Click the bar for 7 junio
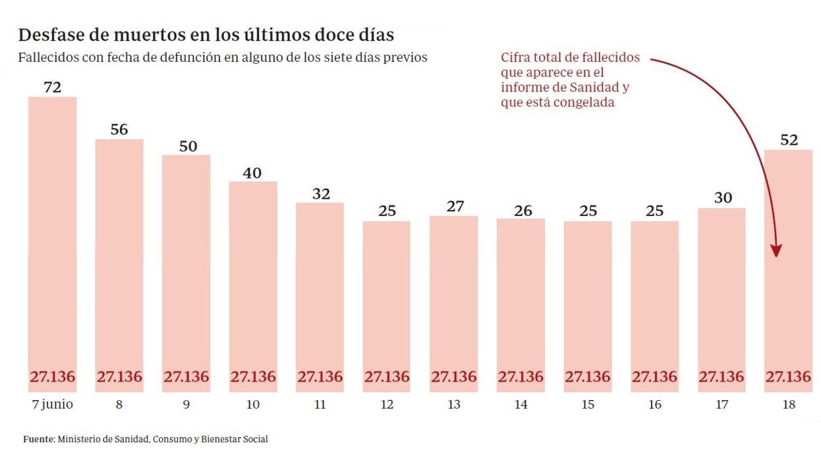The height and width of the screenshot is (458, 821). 53,243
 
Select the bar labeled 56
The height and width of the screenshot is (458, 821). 119,263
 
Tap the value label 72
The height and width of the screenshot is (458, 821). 53,87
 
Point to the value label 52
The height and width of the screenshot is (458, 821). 789,140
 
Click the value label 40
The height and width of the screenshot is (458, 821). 252,173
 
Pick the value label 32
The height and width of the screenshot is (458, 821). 320,194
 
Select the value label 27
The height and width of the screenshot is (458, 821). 454,206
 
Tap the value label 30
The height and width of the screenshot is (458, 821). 723,198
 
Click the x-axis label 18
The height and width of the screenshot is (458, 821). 789,405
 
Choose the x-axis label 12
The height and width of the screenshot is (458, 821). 387,405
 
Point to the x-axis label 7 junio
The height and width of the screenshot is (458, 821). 53,405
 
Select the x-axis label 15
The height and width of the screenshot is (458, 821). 588,405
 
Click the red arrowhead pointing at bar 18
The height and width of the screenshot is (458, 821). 777,251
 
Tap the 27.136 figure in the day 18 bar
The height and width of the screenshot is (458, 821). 788,377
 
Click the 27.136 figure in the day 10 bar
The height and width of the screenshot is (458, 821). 253,377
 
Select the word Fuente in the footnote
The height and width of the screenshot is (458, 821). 39,439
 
